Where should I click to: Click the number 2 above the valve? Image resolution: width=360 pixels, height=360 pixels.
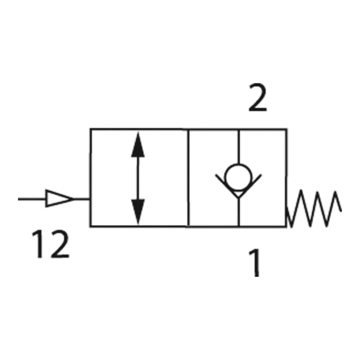click(257, 97)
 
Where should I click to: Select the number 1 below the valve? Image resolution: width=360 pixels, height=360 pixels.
click(255, 262)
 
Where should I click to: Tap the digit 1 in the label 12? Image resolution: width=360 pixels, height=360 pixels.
click(38, 244)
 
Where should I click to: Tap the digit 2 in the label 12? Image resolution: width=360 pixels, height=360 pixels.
click(59, 244)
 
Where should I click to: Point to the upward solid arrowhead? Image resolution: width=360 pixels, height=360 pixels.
click(138, 144)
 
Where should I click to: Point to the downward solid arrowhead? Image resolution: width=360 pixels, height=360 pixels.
click(138, 211)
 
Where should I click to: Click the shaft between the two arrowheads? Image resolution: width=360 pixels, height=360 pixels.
click(138, 178)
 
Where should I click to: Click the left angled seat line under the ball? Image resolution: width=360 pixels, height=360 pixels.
click(226, 186)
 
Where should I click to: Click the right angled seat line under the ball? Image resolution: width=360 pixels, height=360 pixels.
click(250, 186)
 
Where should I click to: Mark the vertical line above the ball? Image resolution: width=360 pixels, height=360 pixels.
click(238, 146)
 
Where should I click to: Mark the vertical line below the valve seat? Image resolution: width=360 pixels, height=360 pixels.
click(239, 212)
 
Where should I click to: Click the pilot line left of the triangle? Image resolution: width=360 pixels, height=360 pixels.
click(32, 199)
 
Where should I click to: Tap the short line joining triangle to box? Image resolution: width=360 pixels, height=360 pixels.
click(82, 199)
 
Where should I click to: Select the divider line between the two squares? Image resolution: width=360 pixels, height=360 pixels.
click(188, 178)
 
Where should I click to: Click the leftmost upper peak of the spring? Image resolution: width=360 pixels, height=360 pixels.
click(301, 190)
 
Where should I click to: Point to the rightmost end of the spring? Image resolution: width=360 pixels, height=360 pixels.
click(341, 211)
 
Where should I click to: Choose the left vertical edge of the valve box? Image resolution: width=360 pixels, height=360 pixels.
click(90, 178)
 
